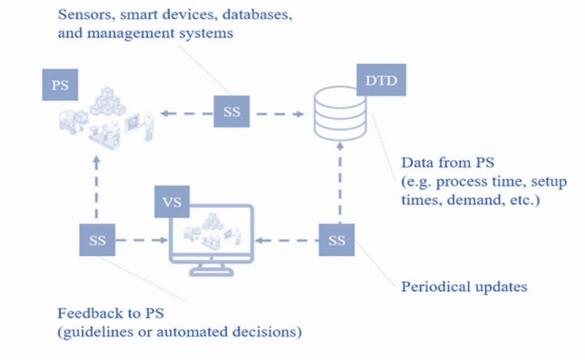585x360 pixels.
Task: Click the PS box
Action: (61, 84)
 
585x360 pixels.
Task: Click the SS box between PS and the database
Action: (233, 113)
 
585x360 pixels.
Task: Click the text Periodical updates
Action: (464, 287)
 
